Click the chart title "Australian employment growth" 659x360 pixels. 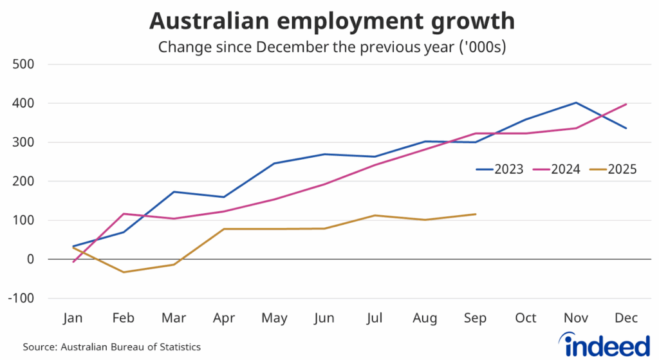(x=331, y=21)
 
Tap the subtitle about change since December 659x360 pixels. (x=331, y=47)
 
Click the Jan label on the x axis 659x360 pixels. (x=73, y=318)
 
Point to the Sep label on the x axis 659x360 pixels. (x=476, y=318)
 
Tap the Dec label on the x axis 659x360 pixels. (x=626, y=318)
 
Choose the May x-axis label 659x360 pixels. (x=274, y=318)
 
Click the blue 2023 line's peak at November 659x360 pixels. (x=576, y=102)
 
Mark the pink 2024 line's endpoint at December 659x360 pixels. (x=626, y=104)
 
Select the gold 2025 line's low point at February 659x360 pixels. (x=123, y=272)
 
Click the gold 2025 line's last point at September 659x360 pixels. (x=476, y=214)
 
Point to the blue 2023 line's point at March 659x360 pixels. (x=174, y=191)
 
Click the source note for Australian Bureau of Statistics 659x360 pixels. (x=112, y=347)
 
